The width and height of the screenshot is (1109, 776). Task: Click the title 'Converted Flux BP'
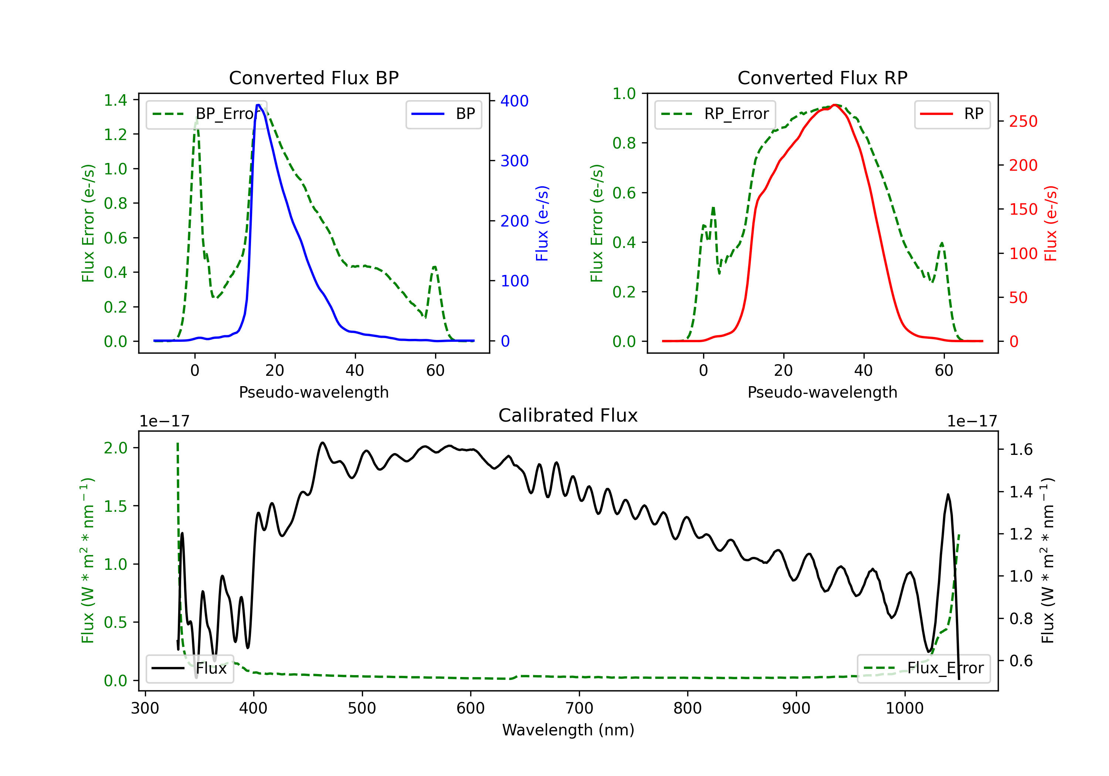313,78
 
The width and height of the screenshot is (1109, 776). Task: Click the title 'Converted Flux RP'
822,78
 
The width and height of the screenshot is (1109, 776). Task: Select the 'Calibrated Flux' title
568,415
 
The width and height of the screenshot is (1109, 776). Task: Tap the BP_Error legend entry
206,114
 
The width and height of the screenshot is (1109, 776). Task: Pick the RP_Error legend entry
715,114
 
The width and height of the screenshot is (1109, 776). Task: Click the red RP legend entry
952,114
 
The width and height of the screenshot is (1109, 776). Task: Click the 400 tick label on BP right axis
515,101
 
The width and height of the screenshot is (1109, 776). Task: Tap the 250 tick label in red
1023,121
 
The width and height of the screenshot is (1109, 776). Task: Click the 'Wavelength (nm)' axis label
568,730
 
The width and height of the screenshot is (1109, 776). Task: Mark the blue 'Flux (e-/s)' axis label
542,223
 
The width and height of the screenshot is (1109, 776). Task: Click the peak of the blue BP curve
258,105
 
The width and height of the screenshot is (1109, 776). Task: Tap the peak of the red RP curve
834,105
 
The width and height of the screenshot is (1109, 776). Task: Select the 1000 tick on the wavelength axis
905,708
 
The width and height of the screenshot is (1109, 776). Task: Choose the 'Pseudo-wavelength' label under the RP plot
822,392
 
